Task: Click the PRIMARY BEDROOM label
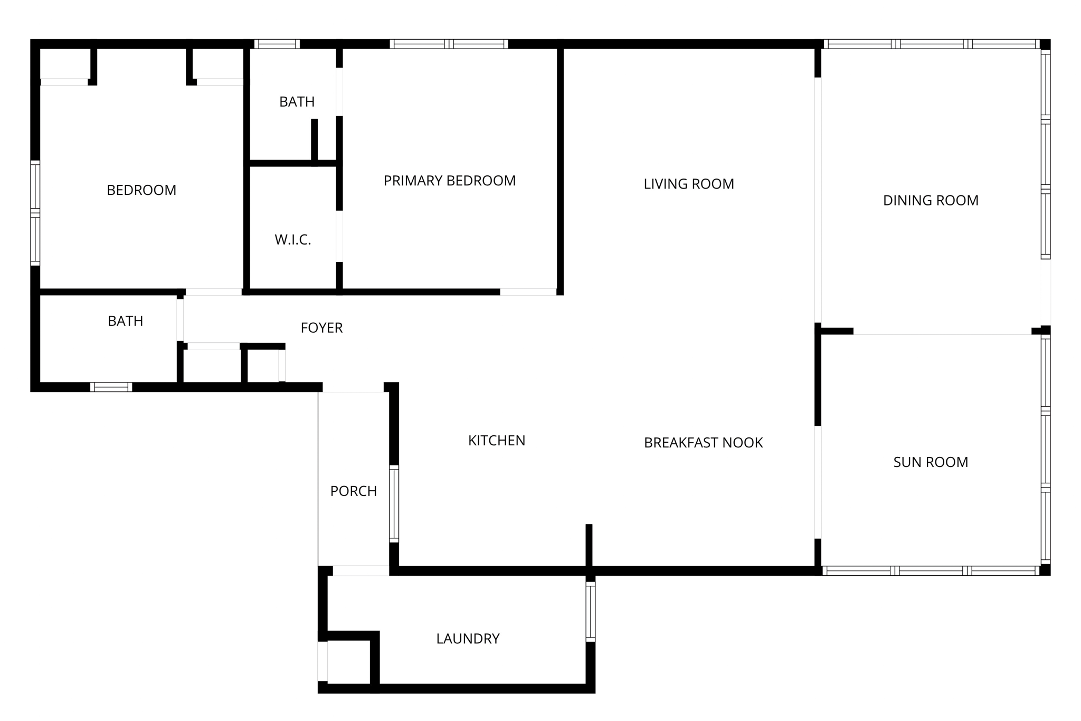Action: point(449,181)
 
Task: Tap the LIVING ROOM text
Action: point(688,184)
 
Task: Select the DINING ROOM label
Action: point(931,200)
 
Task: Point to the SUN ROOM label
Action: point(931,462)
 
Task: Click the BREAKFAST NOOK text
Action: point(703,443)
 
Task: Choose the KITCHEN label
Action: point(496,441)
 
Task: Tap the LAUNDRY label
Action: point(468,639)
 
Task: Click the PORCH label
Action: point(353,491)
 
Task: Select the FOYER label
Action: point(321,328)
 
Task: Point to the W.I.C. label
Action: point(292,240)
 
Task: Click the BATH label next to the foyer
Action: point(125,321)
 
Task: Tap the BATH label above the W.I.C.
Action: point(297,101)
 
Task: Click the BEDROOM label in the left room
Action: point(141,190)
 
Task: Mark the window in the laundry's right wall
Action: point(591,611)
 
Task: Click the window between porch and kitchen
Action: point(394,503)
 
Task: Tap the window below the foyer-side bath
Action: point(111,387)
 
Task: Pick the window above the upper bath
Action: point(277,44)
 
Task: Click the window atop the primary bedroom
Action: point(449,44)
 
